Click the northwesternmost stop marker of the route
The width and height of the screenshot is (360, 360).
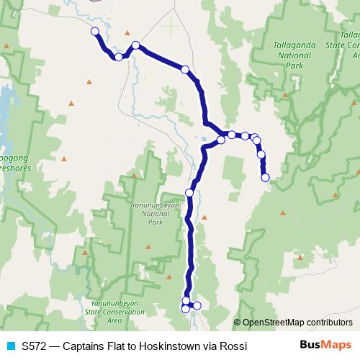[x=94, y=31]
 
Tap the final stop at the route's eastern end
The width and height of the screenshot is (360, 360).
[x=265, y=177]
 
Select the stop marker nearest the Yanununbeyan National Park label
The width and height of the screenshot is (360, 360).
[x=189, y=192]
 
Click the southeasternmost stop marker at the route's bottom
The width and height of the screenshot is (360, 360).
[x=197, y=306]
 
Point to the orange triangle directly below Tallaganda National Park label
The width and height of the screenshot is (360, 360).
[x=285, y=94]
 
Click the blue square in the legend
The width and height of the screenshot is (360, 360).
[x=10, y=346]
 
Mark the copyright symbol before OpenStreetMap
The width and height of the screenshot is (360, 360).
[x=238, y=323]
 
